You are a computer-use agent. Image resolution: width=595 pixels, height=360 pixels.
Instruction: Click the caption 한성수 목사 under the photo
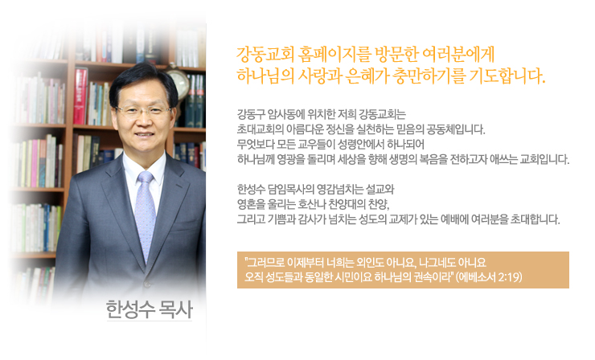pyautogui.click(x=149, y=309)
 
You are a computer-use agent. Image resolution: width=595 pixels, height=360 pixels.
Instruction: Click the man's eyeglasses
pyautogui.click(x=143, y=111)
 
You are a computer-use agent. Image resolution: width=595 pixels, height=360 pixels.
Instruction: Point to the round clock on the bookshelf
pyautogui.click(x=177, y=80)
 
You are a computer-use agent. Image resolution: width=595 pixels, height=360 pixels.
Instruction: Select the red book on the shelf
pyautogui.click(x=80, y=96)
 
